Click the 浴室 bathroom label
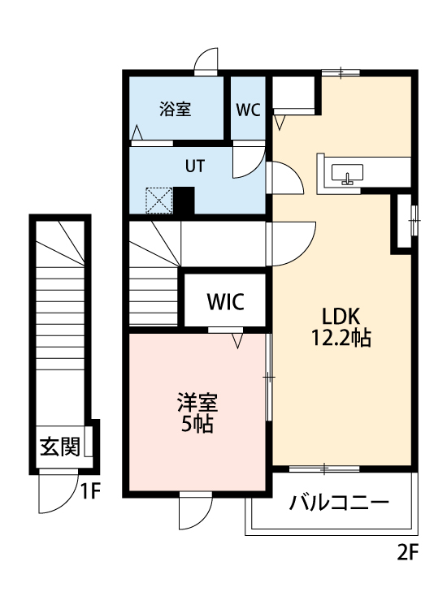pos(175,109)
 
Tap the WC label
pos(248,110)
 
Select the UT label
pos(194,166)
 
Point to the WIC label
pos(224,302)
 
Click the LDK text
pos(341,316)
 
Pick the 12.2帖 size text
pos(341,338)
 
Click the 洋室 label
pos(197,403)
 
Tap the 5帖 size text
pos(197,424)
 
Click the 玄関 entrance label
pos(59,446)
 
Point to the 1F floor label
pos(89,490)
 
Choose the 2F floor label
pos(407,554)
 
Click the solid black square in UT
pos(184,200)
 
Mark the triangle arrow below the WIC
pos(238,341)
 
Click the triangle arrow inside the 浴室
pos(137,132)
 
